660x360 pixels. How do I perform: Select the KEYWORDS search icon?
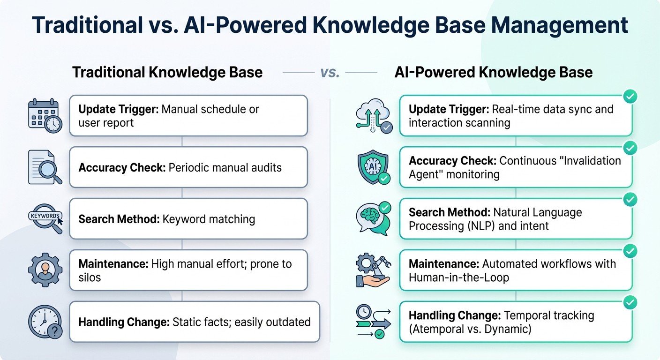[x=45, y=219]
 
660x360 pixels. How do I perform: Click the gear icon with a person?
[x=45, y=270]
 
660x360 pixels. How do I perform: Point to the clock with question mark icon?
[x=45, y=322]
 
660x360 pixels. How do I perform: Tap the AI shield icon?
[x=374, y=167]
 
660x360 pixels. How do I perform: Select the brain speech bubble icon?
[x=374, y=219]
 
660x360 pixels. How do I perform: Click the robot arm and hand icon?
[x=374, y=270]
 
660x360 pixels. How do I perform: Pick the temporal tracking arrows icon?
[x=374, y=322]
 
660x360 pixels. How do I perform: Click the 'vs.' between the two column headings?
[x=330, y=73]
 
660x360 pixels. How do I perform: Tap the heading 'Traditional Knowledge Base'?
[x=167, y=72]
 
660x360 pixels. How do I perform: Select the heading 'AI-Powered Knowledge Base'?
[x=494, y=72]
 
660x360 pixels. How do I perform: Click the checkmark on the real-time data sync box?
[x=630, y=97]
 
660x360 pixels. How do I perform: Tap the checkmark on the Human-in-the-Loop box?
[x=630, y=251]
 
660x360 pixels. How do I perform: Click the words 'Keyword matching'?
[x=209, y=219]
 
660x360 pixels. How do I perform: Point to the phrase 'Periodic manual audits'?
[x=225, y=167]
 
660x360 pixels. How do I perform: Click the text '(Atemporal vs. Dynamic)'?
[x=470, y=329]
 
